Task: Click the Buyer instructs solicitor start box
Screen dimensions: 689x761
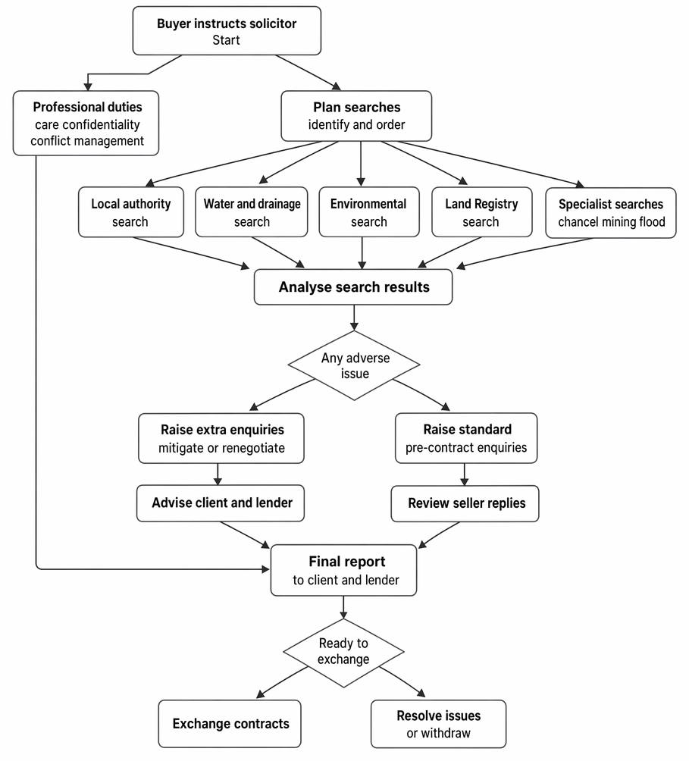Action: click(227, 30)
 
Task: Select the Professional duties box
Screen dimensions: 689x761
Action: click(86, 124)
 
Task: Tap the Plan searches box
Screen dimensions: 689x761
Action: click(356, 116)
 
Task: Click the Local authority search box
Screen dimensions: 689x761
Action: click(131, 212)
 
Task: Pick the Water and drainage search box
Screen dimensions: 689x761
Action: click(252, 212)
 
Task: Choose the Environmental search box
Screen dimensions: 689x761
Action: click(369, 212)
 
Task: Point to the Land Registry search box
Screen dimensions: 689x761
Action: click(482, 212)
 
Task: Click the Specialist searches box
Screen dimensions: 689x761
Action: click(611, 212)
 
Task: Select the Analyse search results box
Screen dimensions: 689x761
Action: click(353, 287)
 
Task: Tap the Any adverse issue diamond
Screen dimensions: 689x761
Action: click(354, 365)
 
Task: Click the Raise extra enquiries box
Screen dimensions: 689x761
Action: click(221, 438)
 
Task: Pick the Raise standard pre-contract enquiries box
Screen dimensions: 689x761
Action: click(466, 438)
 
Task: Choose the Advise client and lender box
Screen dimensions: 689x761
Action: click(221, 503)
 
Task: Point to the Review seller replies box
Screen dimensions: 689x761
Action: click(465, 504)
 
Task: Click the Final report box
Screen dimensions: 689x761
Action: click(343, 570)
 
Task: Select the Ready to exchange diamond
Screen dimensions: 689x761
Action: click(343, 653)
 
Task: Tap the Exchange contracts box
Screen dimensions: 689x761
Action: click(230, 724)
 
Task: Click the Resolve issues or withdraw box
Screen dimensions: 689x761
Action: click(439, 724)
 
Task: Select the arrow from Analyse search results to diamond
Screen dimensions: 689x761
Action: click(354, 318)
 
